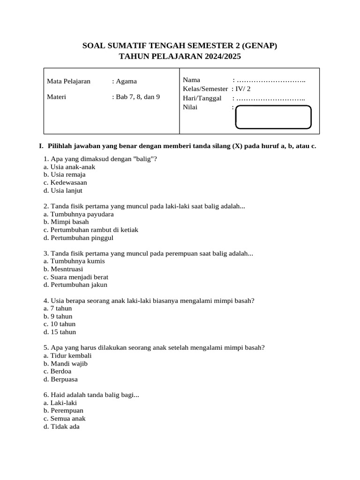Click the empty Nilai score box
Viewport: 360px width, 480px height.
tap(273, 117)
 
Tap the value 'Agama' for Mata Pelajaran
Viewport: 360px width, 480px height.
tap(127, 81)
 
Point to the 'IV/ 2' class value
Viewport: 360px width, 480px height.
tap(243, 89)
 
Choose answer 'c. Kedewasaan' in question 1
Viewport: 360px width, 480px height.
tap(65, 183)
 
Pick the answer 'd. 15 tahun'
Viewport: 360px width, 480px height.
tap(60, 332)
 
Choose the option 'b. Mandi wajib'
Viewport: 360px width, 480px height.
tap(66, 364)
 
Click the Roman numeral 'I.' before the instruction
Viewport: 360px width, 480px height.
tap(41, 146)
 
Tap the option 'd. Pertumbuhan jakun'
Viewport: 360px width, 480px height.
tap(75, 285)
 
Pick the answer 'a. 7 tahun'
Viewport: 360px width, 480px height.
tap(58, 308)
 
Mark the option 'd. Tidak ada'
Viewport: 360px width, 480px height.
tap(61, 427)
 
